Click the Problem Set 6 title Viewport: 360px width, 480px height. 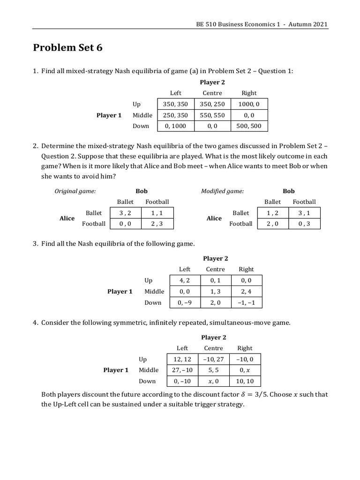coord(67,48)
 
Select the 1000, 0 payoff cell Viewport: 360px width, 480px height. coord(249,104)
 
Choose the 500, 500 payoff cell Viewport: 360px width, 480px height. coord(249,126)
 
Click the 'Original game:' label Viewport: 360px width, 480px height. coord(75,191)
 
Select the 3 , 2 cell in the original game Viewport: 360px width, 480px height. coord(125,213)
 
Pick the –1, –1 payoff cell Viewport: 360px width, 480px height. coord(246,302)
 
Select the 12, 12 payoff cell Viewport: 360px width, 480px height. coord(182,359)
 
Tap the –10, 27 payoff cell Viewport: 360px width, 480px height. coord(213,359)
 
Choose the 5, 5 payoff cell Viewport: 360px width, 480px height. coord(213,370)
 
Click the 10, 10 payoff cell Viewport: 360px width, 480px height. coord(245,381)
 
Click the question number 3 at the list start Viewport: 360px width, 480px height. coord(35,244)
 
